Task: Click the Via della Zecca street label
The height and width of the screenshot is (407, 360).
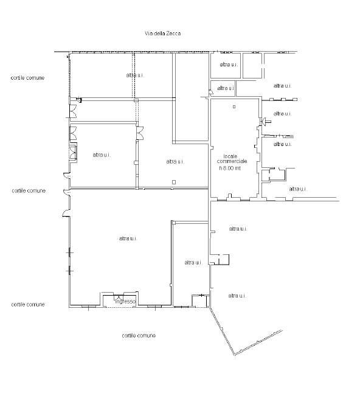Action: [162, 33]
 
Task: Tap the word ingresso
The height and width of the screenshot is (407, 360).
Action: [125, 301]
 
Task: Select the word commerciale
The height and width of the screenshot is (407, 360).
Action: [232, 161]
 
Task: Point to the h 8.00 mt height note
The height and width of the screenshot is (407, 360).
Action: [230, 168]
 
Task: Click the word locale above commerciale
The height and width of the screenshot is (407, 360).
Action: [230, 156]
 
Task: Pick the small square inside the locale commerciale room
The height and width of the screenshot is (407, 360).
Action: [234, 106]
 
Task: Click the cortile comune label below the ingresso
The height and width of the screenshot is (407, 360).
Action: [139, 335]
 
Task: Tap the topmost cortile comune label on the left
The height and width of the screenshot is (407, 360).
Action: [27, 78]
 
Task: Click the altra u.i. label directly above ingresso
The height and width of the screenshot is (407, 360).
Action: [128, 238]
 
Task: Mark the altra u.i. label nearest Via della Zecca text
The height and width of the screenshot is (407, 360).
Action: [135, 75]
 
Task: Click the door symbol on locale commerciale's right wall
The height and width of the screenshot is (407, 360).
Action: [265, 121]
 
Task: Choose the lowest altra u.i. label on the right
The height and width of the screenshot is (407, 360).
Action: [237, 296]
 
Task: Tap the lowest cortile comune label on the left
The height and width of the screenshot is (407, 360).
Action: [28, 304]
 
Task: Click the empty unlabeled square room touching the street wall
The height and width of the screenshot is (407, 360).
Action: [252, 65]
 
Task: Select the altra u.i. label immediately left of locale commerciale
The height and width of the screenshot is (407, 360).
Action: [175, 161]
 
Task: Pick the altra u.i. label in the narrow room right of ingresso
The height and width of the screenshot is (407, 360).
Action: [193, 262]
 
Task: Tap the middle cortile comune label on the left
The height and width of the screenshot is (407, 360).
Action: [29, 190]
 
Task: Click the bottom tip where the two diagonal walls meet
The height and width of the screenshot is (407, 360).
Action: [234, 355]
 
